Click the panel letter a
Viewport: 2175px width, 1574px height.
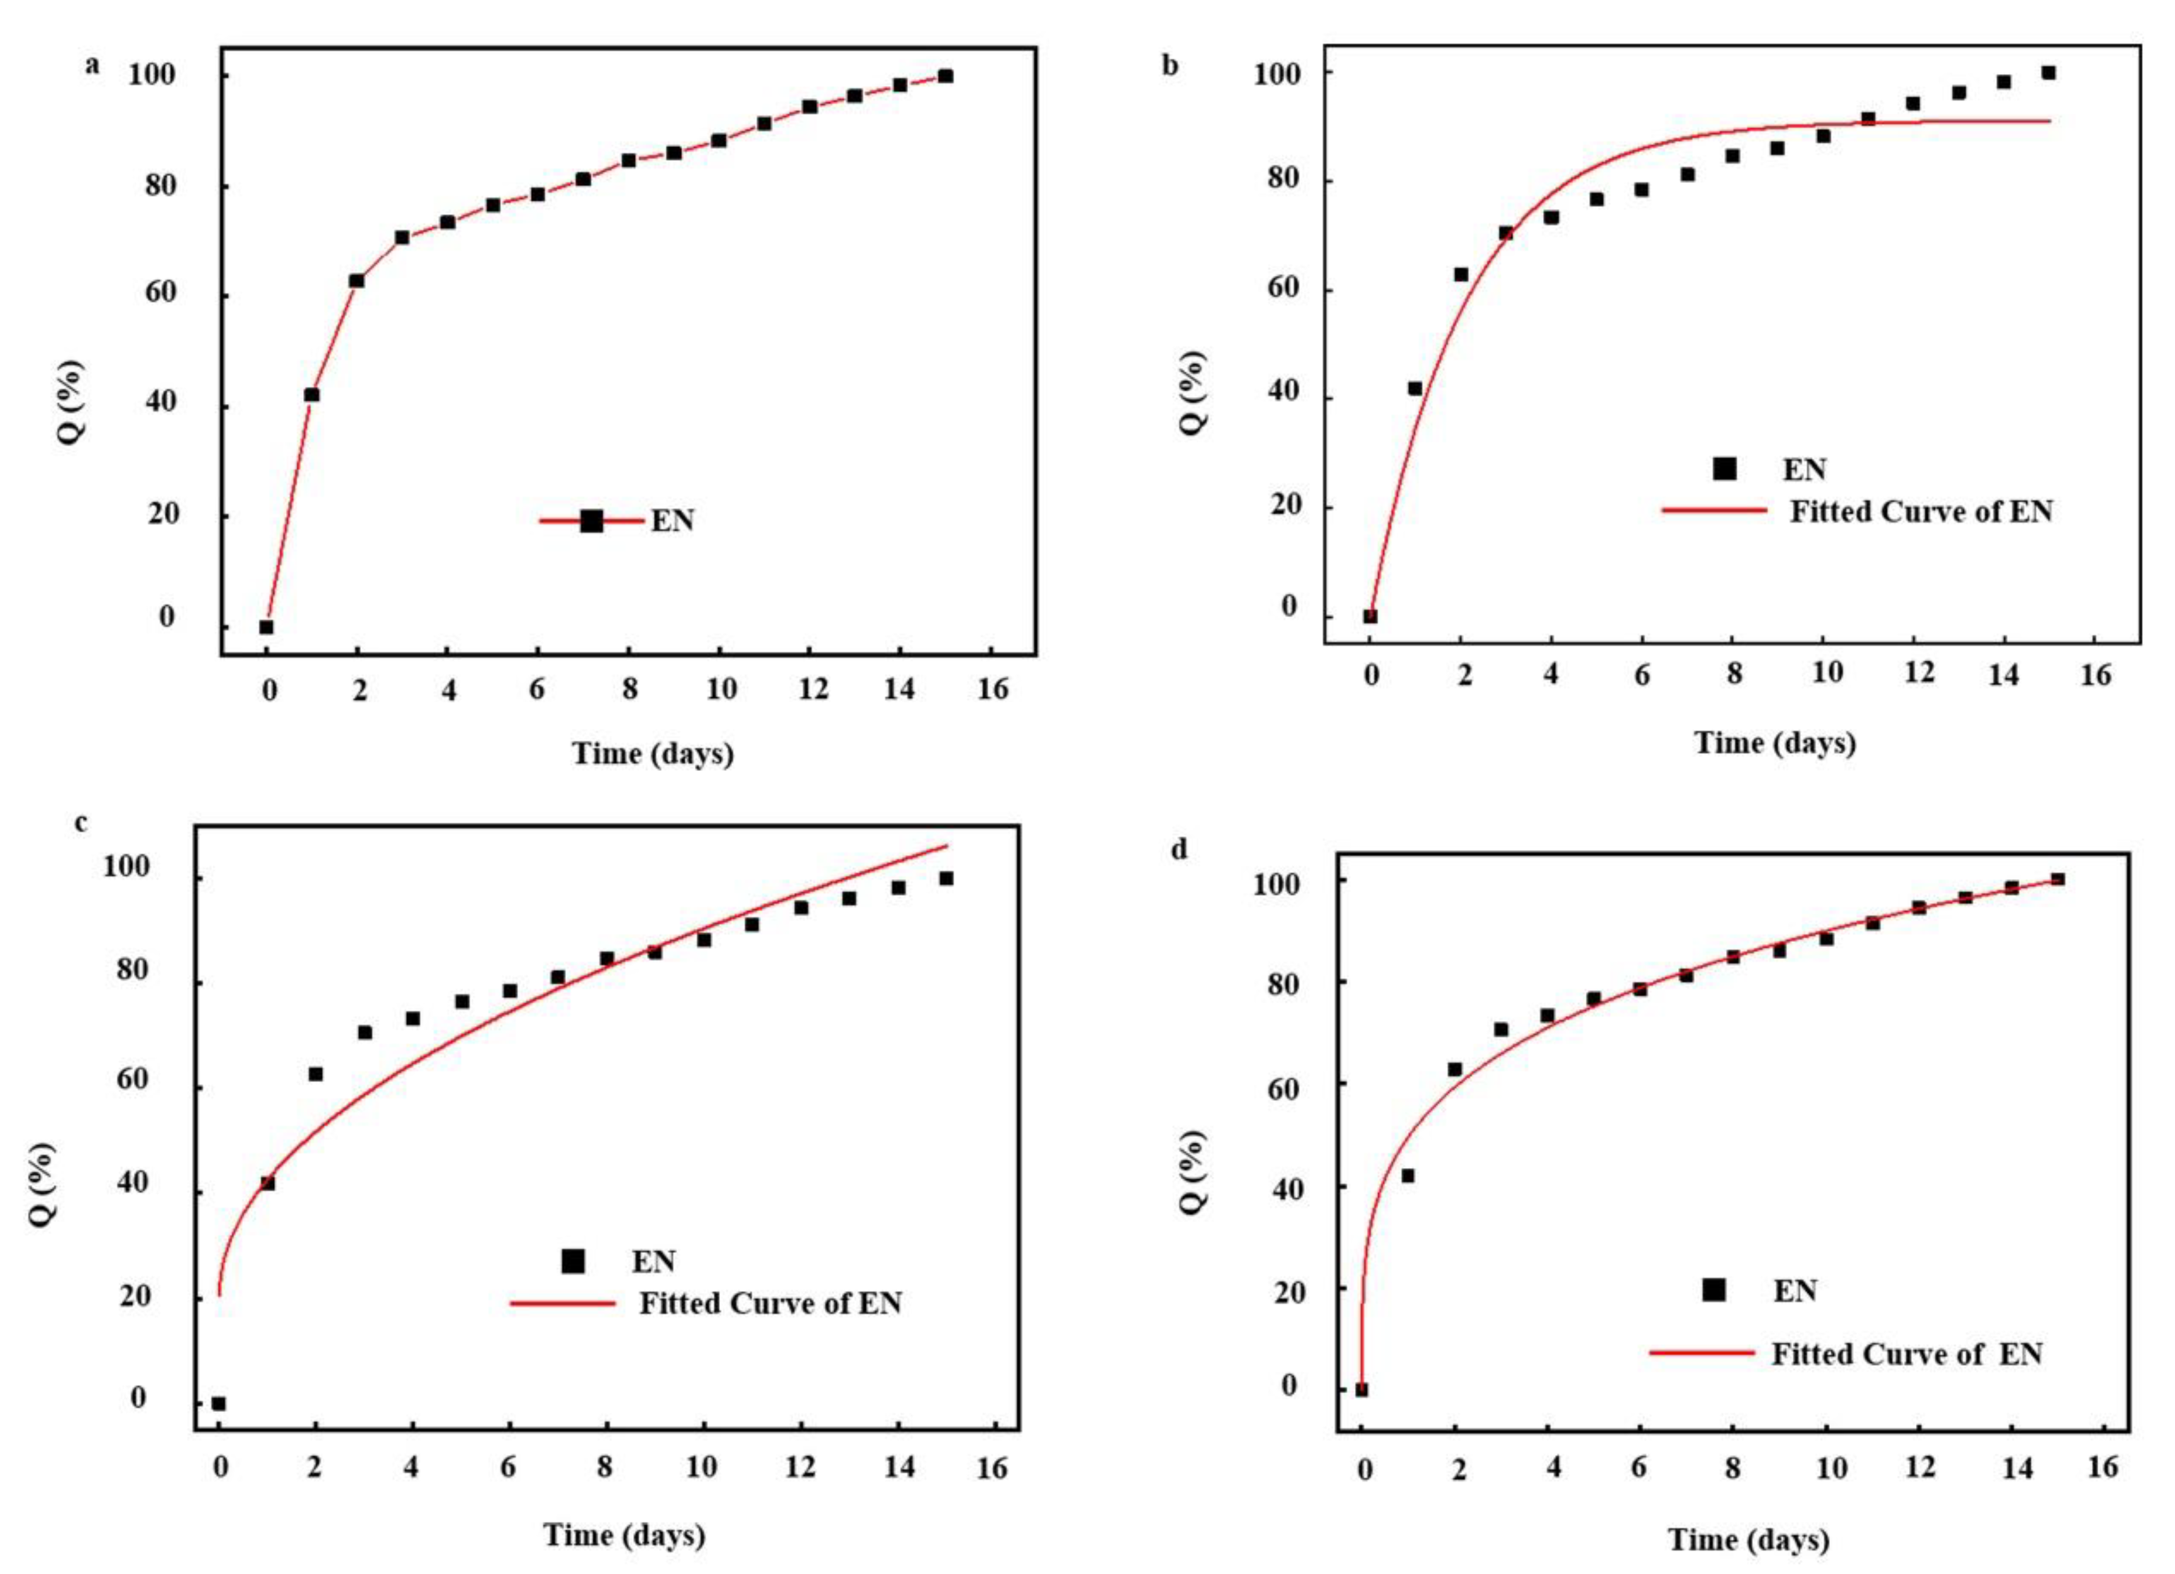92,65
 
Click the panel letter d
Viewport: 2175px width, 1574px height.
1180,850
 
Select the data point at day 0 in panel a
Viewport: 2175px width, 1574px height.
267,627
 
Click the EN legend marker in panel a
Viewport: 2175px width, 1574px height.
592,522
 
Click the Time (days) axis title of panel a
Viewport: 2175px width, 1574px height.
653,753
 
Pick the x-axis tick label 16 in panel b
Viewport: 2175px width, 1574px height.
2096,676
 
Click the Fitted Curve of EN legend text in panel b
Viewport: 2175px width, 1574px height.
1922,512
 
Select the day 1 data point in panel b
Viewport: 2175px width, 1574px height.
1415,388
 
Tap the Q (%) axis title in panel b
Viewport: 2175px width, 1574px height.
1192,392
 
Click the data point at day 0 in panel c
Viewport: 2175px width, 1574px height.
219,1403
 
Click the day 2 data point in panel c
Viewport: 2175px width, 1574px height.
316,1074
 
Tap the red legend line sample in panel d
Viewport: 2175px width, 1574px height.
1702,1353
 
